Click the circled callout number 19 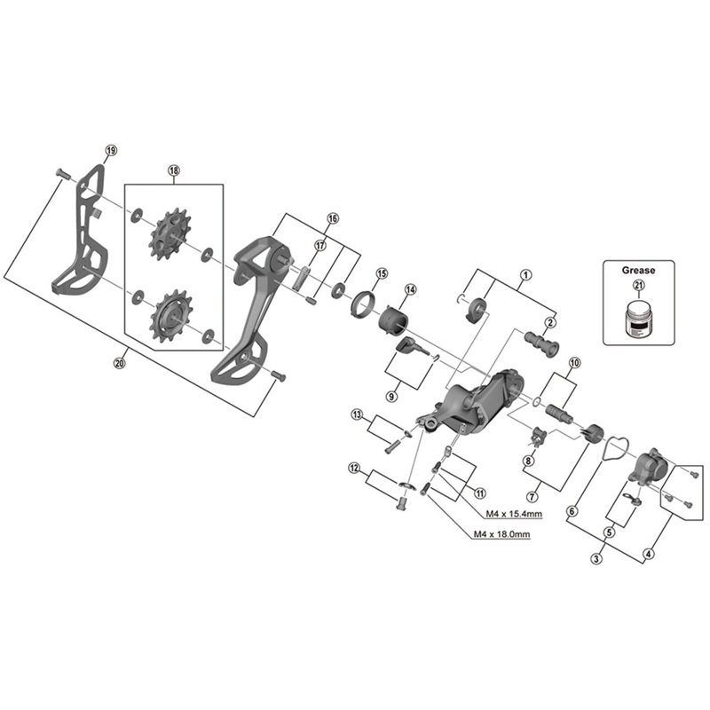coord(110,150)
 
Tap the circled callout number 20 coord(121,360)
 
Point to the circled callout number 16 coord(333,218)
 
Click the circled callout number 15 coord(382,273)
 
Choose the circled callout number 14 coord(411,289)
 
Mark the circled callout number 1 coord(525,275)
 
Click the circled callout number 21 coord(636,285)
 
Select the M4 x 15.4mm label coord(514,514)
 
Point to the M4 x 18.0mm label coord(501,534)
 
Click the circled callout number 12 coord(355,468)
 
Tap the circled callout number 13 coord(358,414)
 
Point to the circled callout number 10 coord(574,362)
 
